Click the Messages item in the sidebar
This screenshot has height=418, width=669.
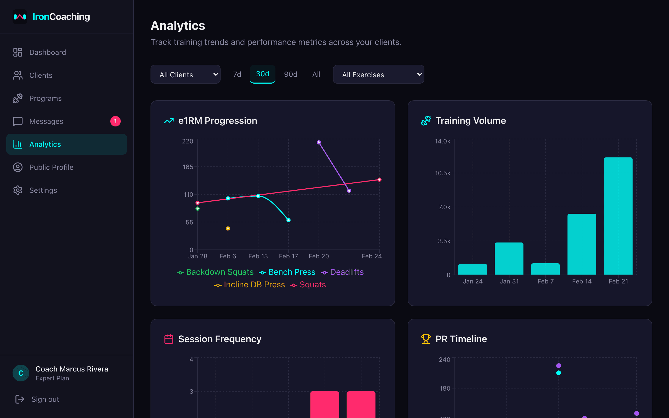[46, 121]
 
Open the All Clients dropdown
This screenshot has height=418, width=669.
[185, 74]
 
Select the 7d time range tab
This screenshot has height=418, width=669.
[237, 74]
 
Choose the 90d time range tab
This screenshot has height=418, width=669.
[291, 74]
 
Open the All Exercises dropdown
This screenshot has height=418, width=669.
[378, 74]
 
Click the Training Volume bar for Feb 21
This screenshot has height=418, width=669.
[618, 216]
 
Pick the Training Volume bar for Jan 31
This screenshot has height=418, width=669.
[509, 258]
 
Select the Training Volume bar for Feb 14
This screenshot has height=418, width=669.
[582, 244]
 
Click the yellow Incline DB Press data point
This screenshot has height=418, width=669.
[228, 228]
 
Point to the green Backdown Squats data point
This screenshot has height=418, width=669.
[197, 209]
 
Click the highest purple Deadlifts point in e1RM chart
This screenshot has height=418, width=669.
[319, 142]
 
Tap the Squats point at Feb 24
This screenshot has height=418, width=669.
[379, 180]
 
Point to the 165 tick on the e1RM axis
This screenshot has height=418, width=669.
[188, 167]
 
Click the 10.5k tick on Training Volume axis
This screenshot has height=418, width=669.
[442, 173]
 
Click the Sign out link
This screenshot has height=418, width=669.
[45, 399]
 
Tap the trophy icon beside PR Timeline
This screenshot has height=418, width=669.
[426, 339]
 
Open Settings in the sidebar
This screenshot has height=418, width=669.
[43, 190]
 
